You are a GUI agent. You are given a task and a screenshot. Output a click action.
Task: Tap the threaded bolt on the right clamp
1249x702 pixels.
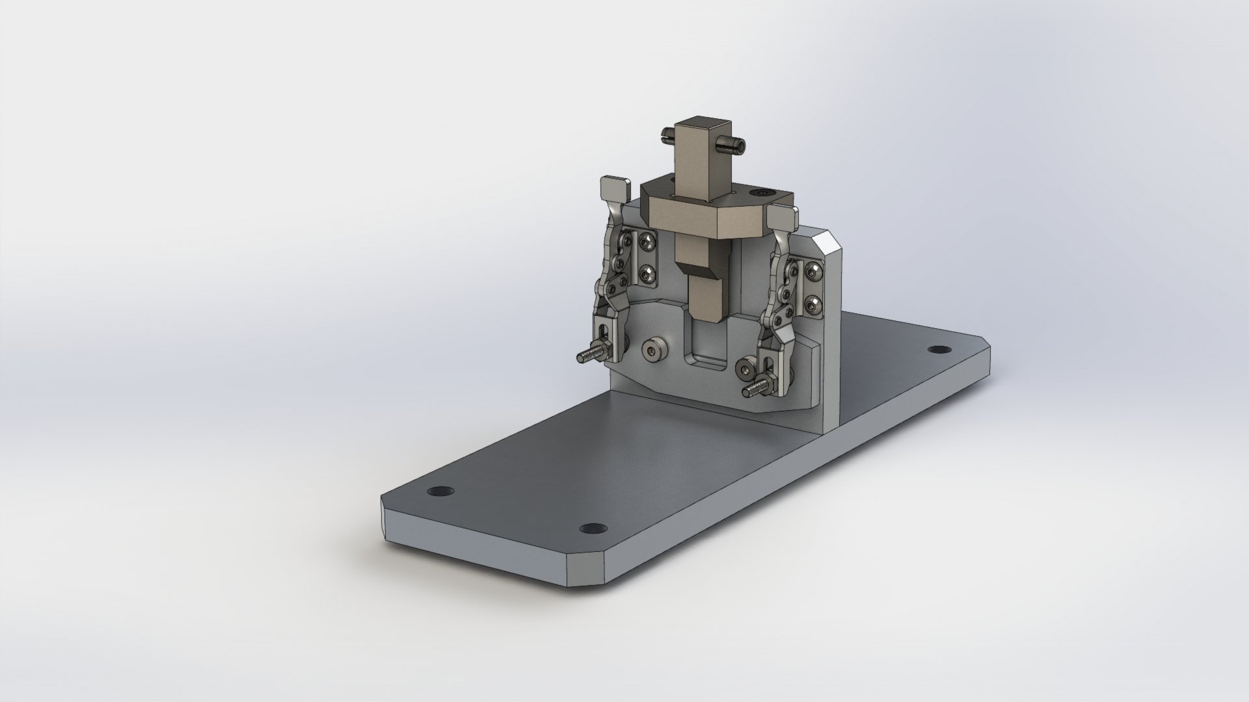click(753, 392)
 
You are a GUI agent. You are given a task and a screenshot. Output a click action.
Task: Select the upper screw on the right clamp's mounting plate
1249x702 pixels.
click(814, 270)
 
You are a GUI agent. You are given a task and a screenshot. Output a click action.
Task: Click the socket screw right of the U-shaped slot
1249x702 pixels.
click(746, 370)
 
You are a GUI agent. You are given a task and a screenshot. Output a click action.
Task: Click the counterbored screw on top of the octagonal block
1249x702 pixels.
click(762, 194)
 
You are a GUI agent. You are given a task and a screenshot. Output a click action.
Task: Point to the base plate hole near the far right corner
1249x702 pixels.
click(937, 350)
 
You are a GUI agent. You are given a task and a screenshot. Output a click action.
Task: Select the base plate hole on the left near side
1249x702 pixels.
click(441, 491)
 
